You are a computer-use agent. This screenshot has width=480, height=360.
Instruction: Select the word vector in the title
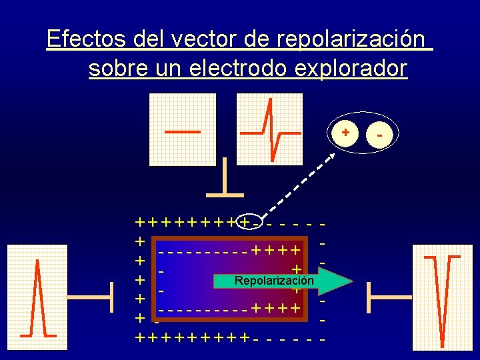(x=197, y=39)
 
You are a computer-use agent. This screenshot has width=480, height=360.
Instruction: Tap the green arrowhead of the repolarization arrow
(x=337, y=281)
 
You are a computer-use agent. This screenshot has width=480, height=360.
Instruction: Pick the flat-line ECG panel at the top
(x=183, y=128)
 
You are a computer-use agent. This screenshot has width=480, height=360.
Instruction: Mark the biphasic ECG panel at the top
(x=269, y=128)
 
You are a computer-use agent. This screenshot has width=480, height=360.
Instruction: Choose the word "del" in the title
(x=151, y=39)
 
